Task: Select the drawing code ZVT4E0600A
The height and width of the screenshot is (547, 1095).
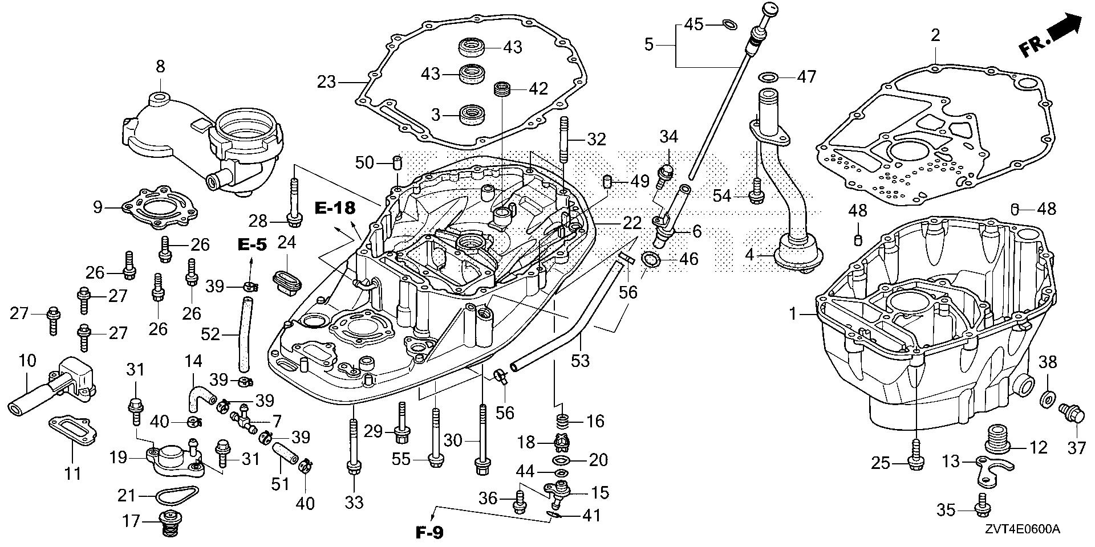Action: [1020, 530]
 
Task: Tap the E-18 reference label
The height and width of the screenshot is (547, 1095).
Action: [334, 209]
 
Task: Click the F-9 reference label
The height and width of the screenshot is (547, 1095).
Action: [429, 533]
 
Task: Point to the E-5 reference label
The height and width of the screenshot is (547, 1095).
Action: [252, 245]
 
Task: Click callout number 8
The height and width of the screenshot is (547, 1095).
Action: [160, 67]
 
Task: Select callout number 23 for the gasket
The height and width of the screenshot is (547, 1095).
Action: [327, 82]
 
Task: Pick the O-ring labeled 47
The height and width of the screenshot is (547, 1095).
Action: [768, 77]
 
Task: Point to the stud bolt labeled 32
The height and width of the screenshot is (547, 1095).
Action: [565, 140]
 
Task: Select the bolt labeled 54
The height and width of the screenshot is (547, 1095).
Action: [757, 190]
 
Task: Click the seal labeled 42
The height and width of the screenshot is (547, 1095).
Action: [502, 89]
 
